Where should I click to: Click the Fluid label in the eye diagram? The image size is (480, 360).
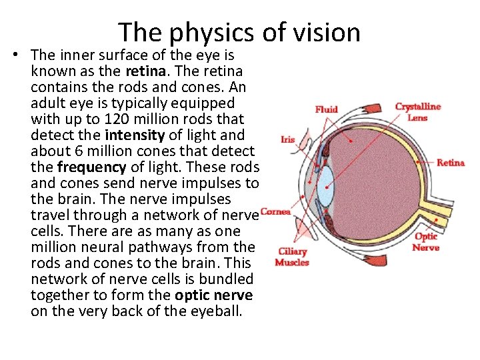pos(326,109)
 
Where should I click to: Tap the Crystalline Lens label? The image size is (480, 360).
pos(418,112)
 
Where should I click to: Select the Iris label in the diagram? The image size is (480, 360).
pos(287,139)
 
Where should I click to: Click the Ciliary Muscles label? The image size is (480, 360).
pos(292,257)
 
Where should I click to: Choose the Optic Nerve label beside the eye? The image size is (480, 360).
pos(426,241)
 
